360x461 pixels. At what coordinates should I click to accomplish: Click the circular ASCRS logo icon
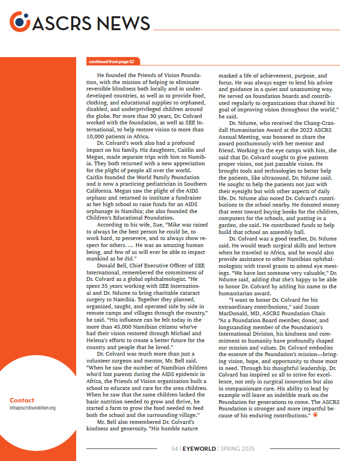(20, 21)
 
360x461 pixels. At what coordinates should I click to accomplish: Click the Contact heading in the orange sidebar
(22, 400)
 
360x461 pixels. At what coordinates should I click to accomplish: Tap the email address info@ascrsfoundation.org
(33, 408)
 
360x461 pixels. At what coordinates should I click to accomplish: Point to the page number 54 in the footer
(175, 449)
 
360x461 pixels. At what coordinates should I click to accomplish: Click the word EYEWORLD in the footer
(199, 449)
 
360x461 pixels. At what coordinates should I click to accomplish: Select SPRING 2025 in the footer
(237, 449)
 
